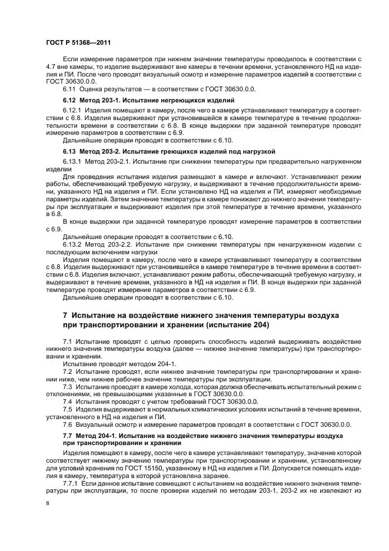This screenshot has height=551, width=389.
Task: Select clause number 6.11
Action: pos(69,89)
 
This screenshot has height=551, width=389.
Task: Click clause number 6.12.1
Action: pos(71,110)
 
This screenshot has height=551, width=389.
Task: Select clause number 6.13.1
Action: pos(71,162)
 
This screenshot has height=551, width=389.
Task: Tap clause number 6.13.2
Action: pos(71,243)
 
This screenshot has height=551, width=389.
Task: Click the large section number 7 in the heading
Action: pos(65,316)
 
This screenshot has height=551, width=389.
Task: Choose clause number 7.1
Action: pos(67,342)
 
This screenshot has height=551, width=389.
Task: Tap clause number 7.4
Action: pos(67,401)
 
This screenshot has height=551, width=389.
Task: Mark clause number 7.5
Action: pos(67,409)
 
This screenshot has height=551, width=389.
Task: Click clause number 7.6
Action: pos(67,424)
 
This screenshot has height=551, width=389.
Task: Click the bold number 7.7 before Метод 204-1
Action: pos(68,435)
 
